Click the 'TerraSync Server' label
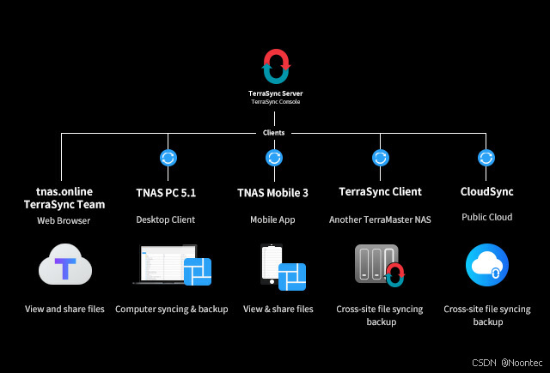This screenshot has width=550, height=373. pyautogui.click(x=275, y=93)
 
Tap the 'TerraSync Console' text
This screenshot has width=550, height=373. pyautogui.click(x=275, y=102)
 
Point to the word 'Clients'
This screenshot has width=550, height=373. pyautogui.click(x=274, y=133)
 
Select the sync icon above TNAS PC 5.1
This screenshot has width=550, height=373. pyautogui.click(x=168, y=158)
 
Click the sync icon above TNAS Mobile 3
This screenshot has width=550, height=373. pyautogui.click(x=274, y=158)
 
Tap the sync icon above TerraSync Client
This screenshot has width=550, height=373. pyautogui.click(x=380, y=158)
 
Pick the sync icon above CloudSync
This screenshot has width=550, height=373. pyautogui.click(x=486, y=158)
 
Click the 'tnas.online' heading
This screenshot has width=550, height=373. pyautogui.click(x=64, y=190)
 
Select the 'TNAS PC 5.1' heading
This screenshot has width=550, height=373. pyautogui.click(x=166, y=193)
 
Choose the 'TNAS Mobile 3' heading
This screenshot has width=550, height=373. pyautogui.click(x=274, y=193)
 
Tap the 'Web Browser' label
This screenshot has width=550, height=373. pyautogui.click(x=64, y=220)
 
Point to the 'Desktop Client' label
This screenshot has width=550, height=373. pyautogui.click(x=166, y=220)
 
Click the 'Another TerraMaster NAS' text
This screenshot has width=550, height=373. pyautogui.click(x=380, y=220)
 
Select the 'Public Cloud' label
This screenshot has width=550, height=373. pyautogui.click(x=486, y=218)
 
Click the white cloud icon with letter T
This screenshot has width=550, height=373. pyautogui.click(x=64, y=267)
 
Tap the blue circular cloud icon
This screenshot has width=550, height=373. pyautogui.click(x=486, y=267)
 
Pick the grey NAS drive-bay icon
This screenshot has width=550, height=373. pyautogui.click(x=372, y=265)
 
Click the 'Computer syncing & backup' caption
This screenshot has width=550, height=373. pyautogui.click(x=172, y=309)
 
